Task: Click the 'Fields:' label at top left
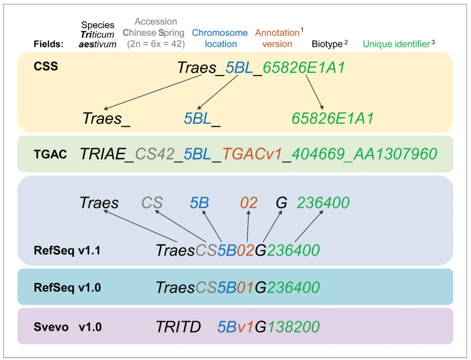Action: tap(48, 44)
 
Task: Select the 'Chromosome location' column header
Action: tap(220, 38)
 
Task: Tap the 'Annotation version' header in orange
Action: tap(277, 38)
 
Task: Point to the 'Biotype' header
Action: tap(327, 44)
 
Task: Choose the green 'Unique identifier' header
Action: tap(397, 44)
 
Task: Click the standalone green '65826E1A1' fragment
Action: tap(333, 118)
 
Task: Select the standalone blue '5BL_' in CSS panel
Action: tap(202, 118)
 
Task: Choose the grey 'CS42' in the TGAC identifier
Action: tap(154, 154)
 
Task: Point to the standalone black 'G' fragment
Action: tap(281, 203)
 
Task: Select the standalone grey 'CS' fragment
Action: tap(152, 203)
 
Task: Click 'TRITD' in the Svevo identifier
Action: tap(178, 326)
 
